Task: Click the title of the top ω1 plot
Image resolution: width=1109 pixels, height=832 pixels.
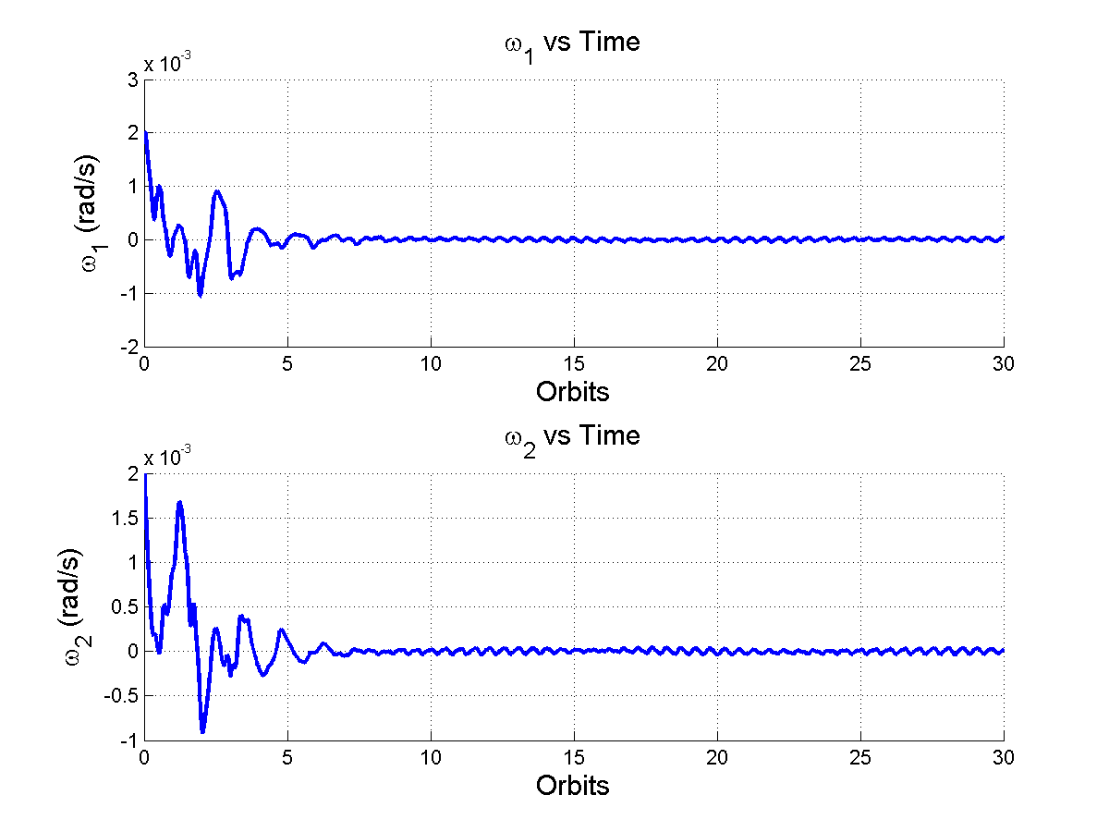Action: coord(572,43)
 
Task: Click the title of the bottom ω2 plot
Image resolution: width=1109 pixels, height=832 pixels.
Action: coord(572,436)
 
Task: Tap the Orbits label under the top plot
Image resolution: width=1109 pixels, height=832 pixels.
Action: coord(572,392)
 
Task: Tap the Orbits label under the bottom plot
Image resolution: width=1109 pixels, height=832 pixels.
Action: coord(572,786)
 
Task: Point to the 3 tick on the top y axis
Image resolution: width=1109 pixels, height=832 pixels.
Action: coord(133,80)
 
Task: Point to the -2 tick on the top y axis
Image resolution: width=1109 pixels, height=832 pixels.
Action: coord(130,348)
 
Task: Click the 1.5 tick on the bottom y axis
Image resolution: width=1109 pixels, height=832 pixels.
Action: coord(127,518)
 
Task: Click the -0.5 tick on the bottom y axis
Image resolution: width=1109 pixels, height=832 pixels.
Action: coord(124,696)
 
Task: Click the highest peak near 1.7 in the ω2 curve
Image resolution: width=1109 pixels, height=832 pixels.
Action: coord(180,502)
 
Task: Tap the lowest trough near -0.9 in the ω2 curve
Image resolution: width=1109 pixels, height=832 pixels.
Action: coord(202,731)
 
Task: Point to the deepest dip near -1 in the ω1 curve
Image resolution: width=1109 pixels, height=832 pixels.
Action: coord(200,295)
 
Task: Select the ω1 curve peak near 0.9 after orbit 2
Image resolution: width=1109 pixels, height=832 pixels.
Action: coord(217,191)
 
